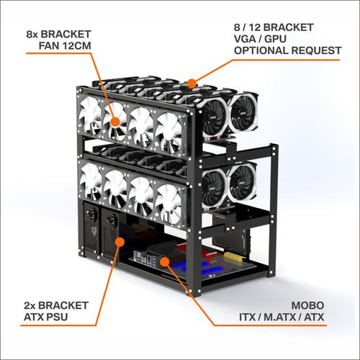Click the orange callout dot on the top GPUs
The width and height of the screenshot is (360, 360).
click(x=191, y=83)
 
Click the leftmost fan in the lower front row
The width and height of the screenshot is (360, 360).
click(x=94, y=182)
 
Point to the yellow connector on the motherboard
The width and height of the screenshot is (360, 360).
click(x=234, y=256)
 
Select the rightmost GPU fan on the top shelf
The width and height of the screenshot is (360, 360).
click(x=243, y=111)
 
